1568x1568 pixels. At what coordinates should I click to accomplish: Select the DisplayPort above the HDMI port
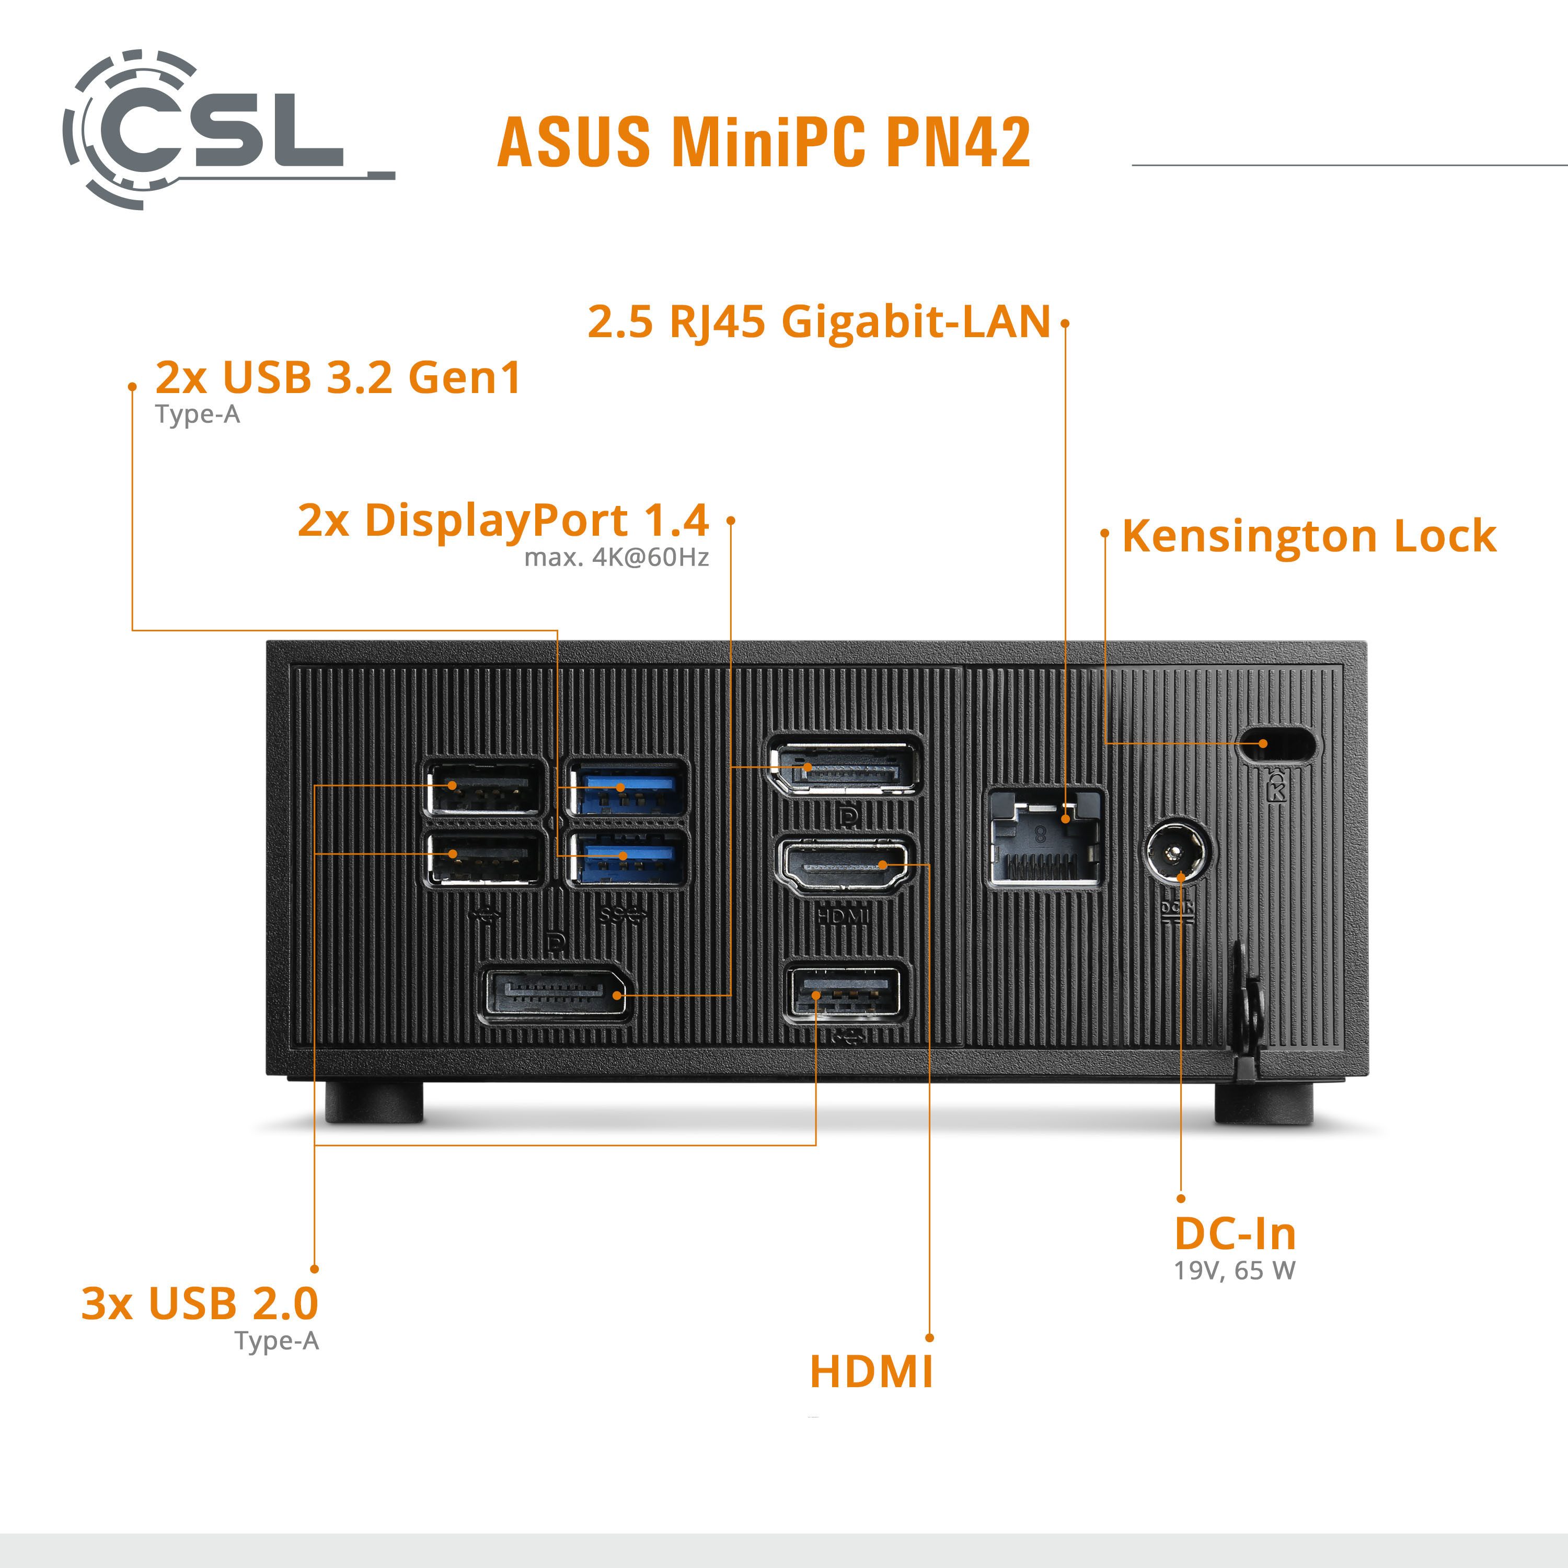coord(844,767)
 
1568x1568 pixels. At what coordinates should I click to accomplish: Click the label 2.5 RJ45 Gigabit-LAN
coord(819,321)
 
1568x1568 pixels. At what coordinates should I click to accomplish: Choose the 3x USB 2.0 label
coord(200,1304)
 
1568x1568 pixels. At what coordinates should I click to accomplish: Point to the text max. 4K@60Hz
coord(616,558)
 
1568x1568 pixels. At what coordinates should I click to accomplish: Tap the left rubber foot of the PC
coord(374,1103)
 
